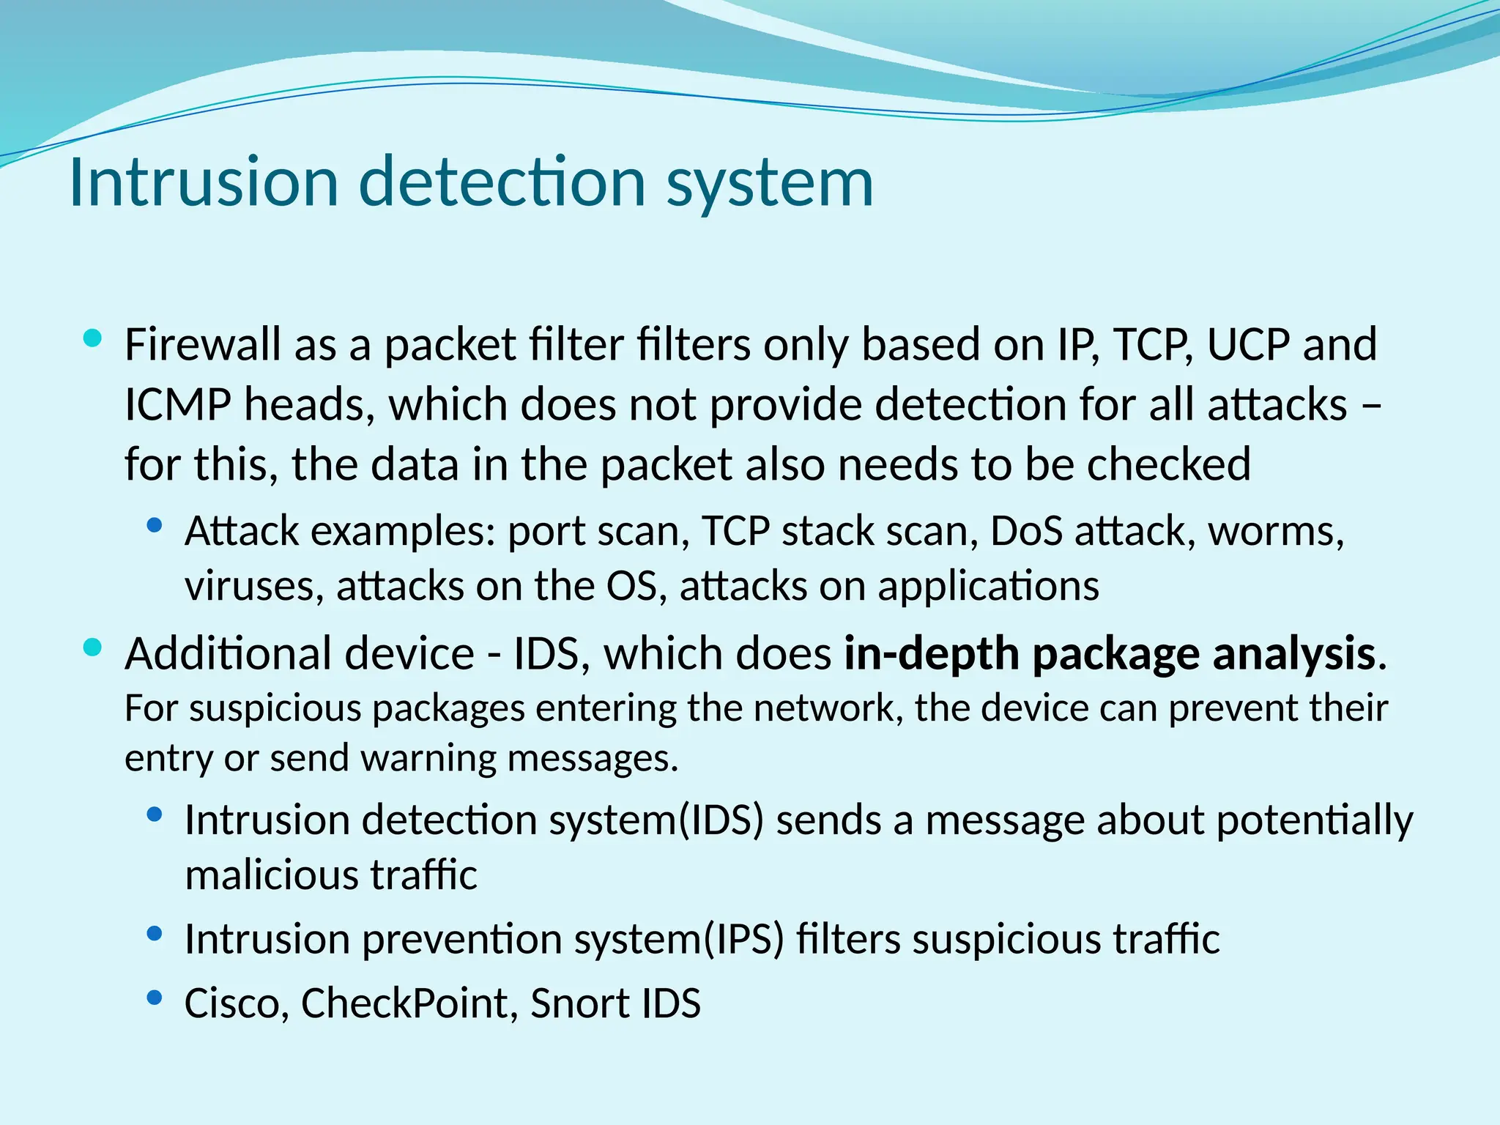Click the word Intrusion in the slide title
click(204, 182)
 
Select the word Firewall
click(203, 344)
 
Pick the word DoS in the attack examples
click(1026, 531)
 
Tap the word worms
click(1275, 532)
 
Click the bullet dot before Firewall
click(93, 338)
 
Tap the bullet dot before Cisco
click(154, 997)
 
